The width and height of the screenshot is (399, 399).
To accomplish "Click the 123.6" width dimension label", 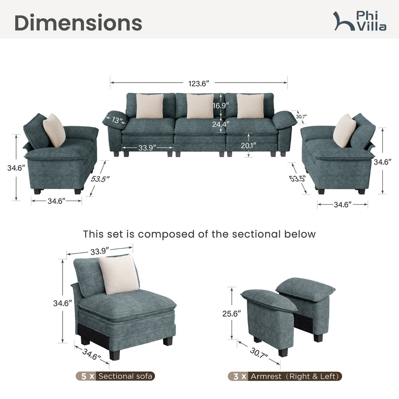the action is tap(198, 83).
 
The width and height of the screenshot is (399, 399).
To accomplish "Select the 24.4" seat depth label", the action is tap(221, 124).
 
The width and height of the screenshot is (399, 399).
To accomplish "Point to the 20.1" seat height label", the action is tap(248, 146).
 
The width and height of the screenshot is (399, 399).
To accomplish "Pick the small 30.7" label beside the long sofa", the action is tap(301, 117).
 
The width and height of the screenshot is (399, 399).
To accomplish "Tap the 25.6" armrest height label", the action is tap(231, 314).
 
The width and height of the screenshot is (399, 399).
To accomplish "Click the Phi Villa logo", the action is tap(360, 21).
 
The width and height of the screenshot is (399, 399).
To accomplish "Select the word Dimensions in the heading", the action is tap(78, 23).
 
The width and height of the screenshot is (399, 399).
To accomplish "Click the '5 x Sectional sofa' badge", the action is tap(115, 376).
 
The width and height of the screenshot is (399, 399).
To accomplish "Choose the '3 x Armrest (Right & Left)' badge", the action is tap(285, 376).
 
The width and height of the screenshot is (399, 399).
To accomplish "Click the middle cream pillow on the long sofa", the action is tap(200, 106).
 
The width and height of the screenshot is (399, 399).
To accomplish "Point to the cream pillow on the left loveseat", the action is tap(54, 130).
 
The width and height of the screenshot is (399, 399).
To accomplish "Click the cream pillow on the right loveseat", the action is tap(344, 130).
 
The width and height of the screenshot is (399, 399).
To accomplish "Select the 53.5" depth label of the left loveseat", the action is tap(100, 179).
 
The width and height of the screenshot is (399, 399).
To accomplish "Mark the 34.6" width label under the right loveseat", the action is tap(343, 204).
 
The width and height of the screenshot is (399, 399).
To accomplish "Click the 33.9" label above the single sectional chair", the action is tap(99, 251).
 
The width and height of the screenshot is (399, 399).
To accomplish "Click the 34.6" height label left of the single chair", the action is tap(62, 303).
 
